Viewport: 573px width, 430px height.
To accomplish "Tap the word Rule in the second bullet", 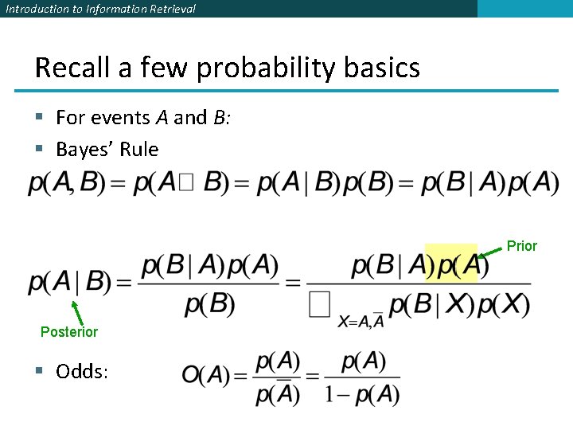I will tap(141, 149).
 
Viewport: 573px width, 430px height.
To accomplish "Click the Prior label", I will tap(522, 246).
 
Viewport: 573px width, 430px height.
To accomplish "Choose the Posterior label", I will tap(69, 332).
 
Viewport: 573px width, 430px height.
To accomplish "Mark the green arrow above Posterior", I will tap(77, 312).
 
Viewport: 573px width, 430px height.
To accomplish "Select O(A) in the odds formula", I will tap(205, 375).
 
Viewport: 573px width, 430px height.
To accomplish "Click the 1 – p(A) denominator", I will tap(362, 394).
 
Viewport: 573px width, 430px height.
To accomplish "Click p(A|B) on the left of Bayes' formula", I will tap(68, 282).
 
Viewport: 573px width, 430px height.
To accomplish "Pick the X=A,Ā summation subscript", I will tap(361, 320).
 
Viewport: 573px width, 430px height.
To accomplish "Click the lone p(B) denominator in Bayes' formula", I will tap(209, 303).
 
